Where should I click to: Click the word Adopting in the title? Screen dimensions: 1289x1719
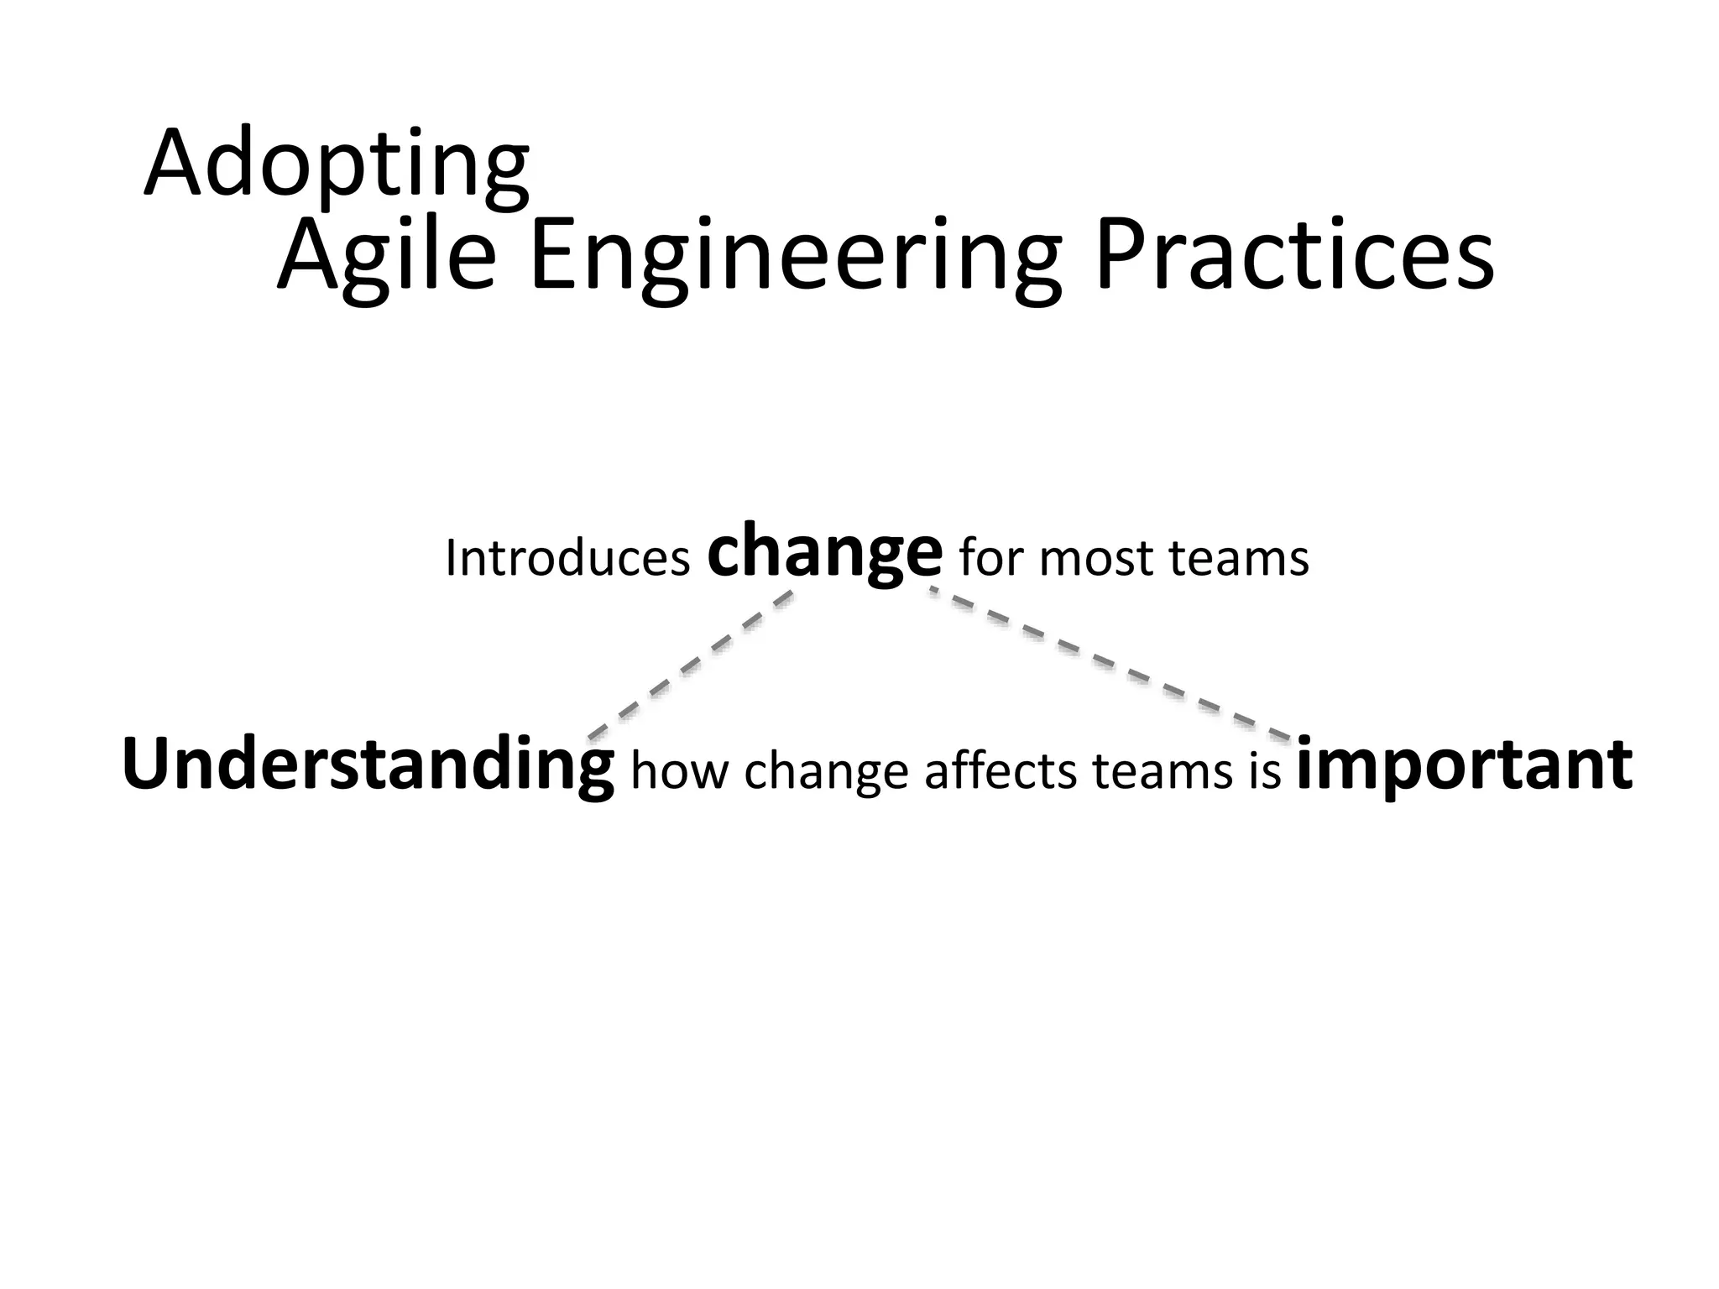[336, 164]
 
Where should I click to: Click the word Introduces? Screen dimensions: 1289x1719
[567, 558]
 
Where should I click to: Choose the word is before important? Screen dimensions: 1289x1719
[1265, 770]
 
